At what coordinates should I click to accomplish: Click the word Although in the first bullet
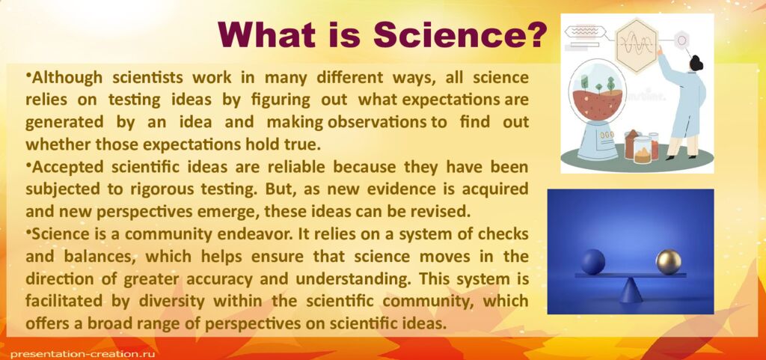pyautogui.click(x=64, y=77)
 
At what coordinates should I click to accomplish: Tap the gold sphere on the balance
pyautogui.click(x=668, y=262)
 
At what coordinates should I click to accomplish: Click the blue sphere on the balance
pyautogui.click(x=592, y=262)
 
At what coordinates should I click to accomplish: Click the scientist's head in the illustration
pyautogui.click(x=695, y=63)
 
